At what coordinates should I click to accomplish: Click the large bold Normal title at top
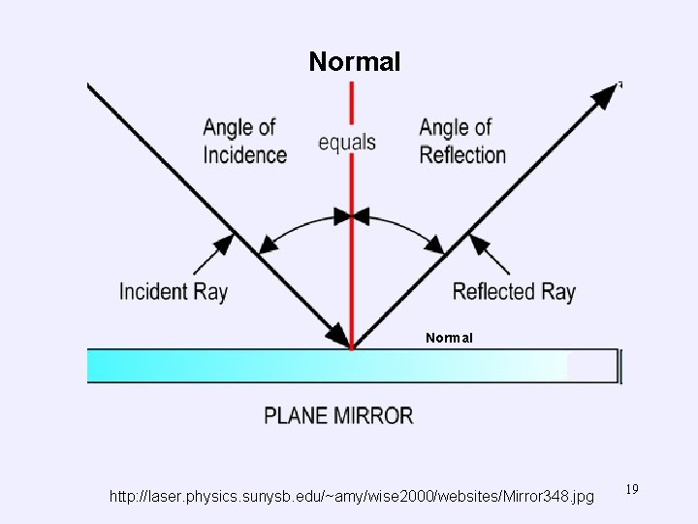[x=354, y=63]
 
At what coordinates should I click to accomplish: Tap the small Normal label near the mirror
[x=449, y=339]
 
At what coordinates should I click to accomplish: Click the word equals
[x=347, y=143]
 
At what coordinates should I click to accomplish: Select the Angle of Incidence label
[x=244, y=141]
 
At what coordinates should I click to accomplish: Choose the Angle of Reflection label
[x=462, y=141]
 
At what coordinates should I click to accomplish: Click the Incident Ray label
[x=174, y=291]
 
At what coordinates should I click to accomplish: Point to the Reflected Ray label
[x=514, y=291]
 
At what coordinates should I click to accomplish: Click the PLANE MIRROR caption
[x=338, y=416]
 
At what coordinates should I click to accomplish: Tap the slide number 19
[x=632, y=490]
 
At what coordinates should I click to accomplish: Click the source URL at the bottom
[x=352, y=497]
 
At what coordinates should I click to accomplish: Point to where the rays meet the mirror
[x=351, y=346]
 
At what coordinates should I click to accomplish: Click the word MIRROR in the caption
[x=372, y=416]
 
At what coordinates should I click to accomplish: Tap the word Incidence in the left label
[x=244, y=155]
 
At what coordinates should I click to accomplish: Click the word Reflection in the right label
[x=462, y=155]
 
